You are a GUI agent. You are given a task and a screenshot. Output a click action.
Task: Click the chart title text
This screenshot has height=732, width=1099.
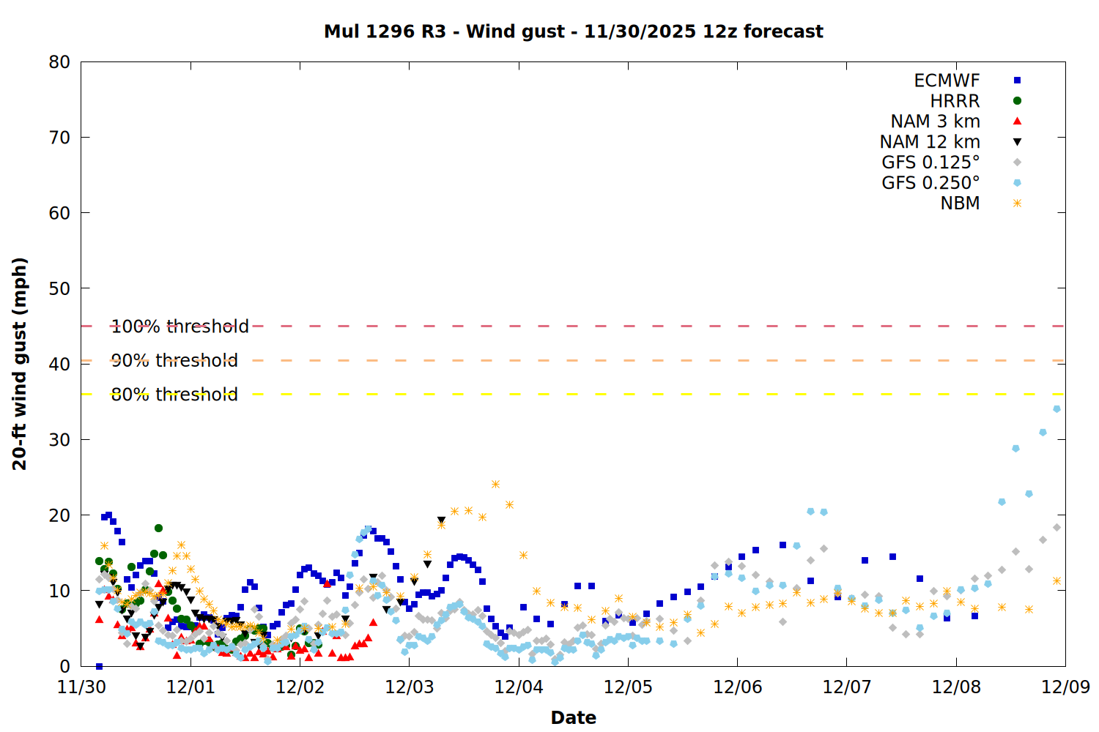[x=574, y=31]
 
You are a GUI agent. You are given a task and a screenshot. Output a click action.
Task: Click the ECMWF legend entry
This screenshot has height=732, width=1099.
[x=947, y=81]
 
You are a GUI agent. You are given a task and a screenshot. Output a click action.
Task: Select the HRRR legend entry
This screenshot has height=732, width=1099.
[x=955, y=101]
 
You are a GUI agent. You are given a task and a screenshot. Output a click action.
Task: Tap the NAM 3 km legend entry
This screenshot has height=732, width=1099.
[x=935, y=122]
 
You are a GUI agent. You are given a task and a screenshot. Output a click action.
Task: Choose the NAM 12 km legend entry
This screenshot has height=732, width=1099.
[x=930, y=142]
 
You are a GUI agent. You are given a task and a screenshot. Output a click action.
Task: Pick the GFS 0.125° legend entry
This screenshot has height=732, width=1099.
[x=930, y=163]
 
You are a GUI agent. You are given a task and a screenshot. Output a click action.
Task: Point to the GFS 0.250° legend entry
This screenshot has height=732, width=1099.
[x=930, y=183]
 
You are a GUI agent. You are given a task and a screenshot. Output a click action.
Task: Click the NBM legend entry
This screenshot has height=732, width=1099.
[x=960, y=203]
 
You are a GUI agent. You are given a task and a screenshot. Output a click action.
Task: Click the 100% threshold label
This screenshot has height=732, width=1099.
[x=180, y=326]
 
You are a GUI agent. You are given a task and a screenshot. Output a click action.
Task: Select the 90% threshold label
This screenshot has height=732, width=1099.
[x=174, y=360]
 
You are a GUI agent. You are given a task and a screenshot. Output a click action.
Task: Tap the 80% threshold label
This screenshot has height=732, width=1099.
[x=174, y=395]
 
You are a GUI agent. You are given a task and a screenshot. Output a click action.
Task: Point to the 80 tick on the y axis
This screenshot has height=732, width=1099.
[x=60, y=62]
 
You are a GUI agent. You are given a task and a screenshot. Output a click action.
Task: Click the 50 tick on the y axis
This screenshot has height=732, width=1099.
[x=60, y=288]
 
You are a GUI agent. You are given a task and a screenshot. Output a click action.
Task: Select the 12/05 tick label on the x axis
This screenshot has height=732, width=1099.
[x=628, y=687]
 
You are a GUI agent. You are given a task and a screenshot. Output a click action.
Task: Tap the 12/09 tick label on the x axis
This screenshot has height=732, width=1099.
[x=1065, y=687]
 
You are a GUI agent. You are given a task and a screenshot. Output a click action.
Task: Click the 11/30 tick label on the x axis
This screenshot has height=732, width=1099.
[x=81, y=687]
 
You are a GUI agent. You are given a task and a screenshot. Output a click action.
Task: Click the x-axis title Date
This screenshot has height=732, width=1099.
[x=573, y=717]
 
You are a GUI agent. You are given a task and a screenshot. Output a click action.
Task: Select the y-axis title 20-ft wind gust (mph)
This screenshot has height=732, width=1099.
[x=20, y=364]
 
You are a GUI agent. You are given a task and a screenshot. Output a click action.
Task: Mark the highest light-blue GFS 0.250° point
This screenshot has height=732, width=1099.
[x=1057, y=409]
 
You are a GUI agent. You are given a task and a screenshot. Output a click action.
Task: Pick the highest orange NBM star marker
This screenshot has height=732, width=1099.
[x=495, y=485]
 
